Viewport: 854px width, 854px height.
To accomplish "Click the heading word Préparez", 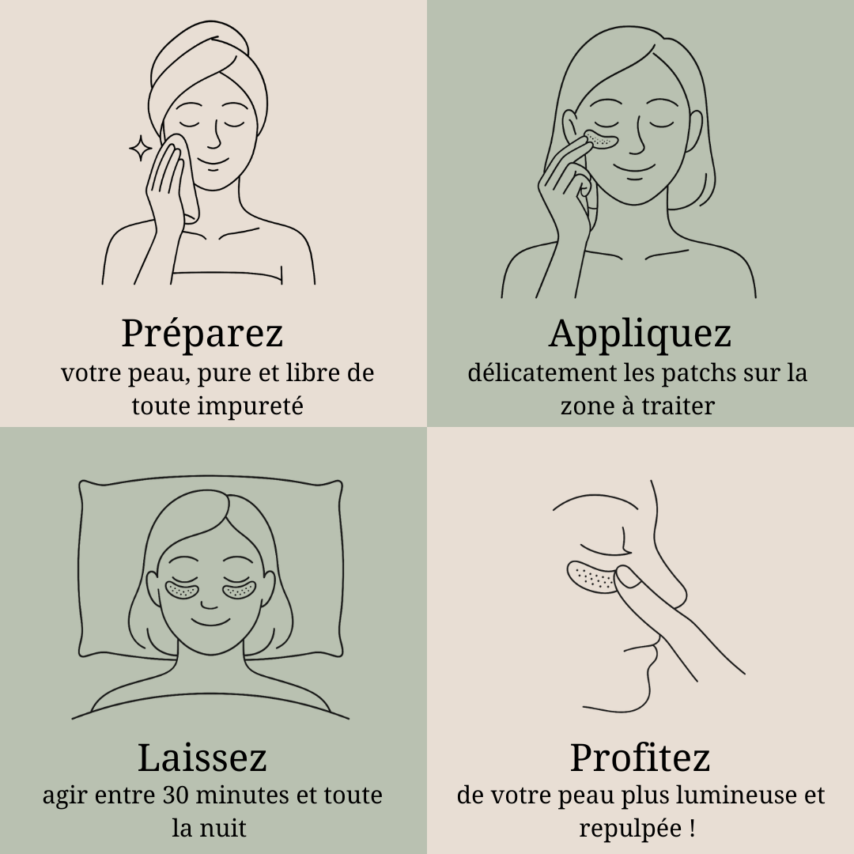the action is pyautogui.click(x=202, y=334).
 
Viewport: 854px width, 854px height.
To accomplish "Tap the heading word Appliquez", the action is pyautogui.click(x=640, y=334).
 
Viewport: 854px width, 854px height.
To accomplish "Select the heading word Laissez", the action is pyautogui.click(x=202, y=757).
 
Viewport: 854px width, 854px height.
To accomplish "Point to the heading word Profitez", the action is pyautogui.click(x=640, y=757).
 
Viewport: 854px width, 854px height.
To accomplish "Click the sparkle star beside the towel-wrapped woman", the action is pyautogui.click(x=140, y=149).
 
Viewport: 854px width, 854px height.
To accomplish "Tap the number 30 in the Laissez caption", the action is pyautogui.click(x=176, y=795).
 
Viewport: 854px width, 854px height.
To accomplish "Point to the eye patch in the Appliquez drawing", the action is pyautogui.click(x=601, y=140).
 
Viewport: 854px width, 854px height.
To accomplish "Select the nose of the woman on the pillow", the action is pyautogui.click(x=209, y=603).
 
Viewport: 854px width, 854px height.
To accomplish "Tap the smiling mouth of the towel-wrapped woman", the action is pyautogui.click(x=209, y=163).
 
